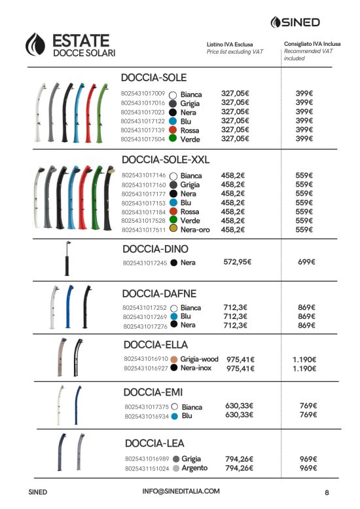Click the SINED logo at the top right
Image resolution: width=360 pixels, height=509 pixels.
[295, 22]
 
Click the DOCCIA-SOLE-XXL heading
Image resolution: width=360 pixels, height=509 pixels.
[166, 160]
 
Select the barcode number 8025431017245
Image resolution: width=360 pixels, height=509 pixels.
[145, 263]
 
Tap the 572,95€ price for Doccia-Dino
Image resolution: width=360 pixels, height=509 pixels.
[238, 261]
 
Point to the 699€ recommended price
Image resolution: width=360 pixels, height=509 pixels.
[306, 261]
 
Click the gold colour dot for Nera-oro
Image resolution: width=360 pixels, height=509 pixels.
[173, 229]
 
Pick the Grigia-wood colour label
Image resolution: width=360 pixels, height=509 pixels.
[199, 359]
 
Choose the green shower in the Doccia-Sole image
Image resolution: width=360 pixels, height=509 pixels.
[102, 113]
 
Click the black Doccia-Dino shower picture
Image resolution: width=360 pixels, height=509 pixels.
[67, 259]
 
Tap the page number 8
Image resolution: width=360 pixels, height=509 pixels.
[327, 493]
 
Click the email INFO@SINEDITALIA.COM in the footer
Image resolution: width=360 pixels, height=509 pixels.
[181, 491]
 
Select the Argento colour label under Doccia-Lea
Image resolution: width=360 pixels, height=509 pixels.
[194, 468]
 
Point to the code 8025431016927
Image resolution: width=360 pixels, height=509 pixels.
[146, 368]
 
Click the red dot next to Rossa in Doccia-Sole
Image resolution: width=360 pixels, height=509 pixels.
[173, 130]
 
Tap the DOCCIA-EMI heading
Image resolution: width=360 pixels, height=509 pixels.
[153, 392]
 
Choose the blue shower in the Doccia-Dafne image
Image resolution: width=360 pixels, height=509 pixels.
[69, 307]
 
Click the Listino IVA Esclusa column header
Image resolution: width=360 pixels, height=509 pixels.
[230, 45]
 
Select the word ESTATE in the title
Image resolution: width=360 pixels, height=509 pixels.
[81, 41]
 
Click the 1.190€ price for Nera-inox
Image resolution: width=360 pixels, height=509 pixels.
[304, 368]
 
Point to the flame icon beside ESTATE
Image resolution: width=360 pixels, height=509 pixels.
[36, 44]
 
